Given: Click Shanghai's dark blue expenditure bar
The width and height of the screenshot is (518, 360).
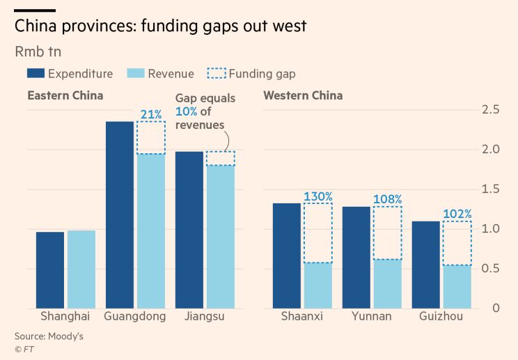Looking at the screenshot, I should [x=50, y=270].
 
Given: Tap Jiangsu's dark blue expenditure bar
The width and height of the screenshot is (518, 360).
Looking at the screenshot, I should [x=189, y=230].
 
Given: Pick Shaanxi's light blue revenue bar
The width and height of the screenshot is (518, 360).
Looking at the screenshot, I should [x=318, y=285].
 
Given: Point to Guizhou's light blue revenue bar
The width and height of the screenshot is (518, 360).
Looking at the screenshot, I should [x=457, y=287].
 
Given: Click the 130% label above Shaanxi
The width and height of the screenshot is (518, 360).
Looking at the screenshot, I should [x=318, y=196].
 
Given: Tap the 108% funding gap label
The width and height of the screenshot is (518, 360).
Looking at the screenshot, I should [x=387, y=199].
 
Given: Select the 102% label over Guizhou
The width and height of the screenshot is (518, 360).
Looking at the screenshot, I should [x=457, y=214].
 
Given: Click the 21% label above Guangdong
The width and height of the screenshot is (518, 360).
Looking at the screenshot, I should [x=151, y=114].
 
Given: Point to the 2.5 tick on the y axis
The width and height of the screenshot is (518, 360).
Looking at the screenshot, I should [x=491, y=110].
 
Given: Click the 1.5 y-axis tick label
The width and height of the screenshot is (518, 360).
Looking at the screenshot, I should [x=491, y=189].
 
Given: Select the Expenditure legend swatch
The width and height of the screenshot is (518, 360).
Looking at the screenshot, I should [x=36, y=73].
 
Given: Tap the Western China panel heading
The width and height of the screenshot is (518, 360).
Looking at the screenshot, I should [x=303, y=95].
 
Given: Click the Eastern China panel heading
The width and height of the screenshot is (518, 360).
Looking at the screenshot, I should [x=65, y=95].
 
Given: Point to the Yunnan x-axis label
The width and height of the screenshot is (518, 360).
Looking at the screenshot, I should [x=372, y=317].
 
